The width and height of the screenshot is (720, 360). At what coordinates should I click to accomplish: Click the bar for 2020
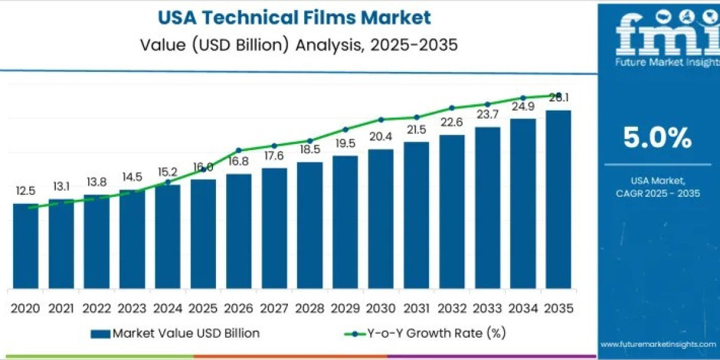coord(26,245)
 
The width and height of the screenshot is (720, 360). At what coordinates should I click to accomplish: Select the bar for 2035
coord(558,199)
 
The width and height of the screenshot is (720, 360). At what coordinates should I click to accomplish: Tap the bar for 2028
coord(310,224)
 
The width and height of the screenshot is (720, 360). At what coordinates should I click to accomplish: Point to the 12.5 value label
coord(26,191)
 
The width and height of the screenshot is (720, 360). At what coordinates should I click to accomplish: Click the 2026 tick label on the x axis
coord(239,308)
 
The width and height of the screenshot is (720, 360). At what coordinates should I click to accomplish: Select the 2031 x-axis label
coord(416,308)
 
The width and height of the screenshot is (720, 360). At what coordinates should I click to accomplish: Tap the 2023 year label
coord(132,308)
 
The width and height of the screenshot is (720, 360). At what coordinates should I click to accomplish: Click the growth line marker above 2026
coord(239,150)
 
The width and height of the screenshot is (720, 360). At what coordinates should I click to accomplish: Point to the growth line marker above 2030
coord(380,119)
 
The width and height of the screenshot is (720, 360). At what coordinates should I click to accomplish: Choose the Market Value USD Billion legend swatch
coord(100,333)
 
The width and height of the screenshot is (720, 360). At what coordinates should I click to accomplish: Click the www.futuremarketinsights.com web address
coord(659,344)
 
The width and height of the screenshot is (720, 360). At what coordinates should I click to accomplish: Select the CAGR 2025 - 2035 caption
coord(659,193)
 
